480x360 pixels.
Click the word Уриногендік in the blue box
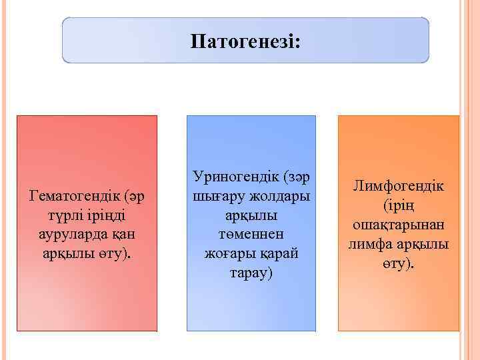(236, 177)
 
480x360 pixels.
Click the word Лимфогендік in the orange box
(398, 187)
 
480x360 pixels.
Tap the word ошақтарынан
(398, 225)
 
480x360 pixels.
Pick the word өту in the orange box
(395, 264)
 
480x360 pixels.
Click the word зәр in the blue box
(297, 177)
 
